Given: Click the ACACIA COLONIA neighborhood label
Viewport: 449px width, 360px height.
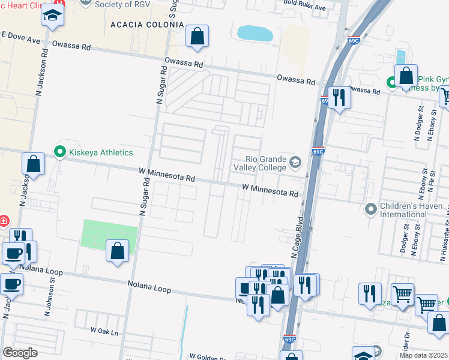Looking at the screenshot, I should click(147, 25).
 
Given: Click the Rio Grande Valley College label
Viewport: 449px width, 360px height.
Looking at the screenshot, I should click(259, 163).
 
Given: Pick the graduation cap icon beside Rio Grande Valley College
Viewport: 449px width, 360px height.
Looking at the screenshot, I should click(295, 161).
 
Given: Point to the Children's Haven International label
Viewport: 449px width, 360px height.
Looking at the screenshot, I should click(403, 210).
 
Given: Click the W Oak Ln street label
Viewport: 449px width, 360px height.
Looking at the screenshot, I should click(104, 331).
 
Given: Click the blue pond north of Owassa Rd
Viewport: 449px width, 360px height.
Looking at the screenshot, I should click(255, 33).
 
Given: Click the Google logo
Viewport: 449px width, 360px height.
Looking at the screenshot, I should click(20, 353).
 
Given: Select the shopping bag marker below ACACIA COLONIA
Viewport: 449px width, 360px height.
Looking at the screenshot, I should click(197, 37).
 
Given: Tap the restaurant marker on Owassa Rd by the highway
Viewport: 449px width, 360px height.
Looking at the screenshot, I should click(339, 98).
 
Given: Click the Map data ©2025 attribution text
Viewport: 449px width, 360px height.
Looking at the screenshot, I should click(424, 355).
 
